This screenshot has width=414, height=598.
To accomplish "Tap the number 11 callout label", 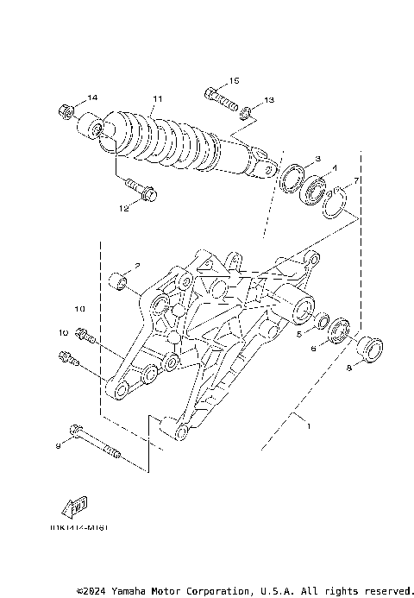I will coord(157,99).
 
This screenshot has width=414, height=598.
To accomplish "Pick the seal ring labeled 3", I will coord(292,178).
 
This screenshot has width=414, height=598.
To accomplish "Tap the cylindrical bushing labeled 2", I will coord(120,281).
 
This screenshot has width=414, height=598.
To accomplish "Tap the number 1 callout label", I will coord(303,425).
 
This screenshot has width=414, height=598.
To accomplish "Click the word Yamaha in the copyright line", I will coord(132,591).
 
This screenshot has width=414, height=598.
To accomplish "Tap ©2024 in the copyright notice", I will coord(92,591).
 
